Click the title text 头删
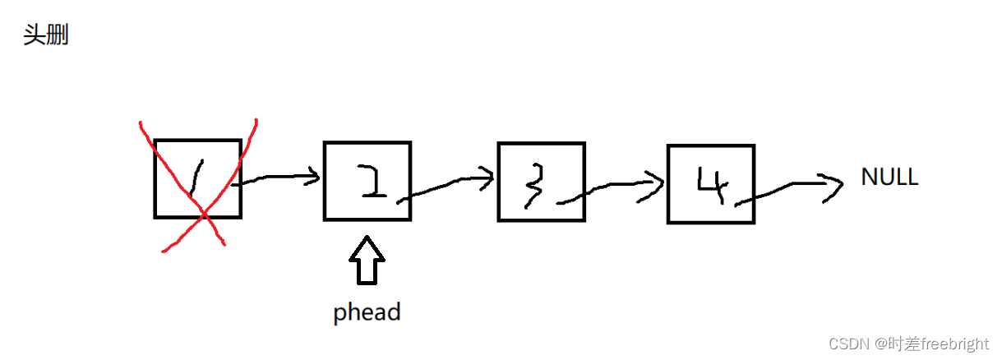point(45,36)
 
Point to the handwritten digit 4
point(709,185)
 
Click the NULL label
point(889,177)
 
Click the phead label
point(367,312)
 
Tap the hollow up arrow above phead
point(367,260)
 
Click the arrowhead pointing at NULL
point(834,185)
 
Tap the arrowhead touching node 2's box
point(312,176)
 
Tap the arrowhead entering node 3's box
point(487,176)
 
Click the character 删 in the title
point(57,36)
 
